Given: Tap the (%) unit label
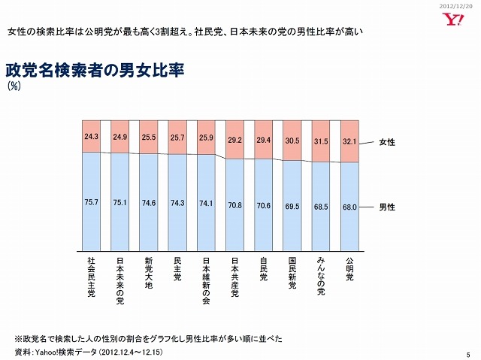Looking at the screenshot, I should tap(14, 87).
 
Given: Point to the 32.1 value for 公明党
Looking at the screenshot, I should tap(349, 140).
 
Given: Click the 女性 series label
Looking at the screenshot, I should tap(387, 142).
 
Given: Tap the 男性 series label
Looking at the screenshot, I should tap(387, 206).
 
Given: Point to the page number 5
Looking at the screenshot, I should tap(467, 354).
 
